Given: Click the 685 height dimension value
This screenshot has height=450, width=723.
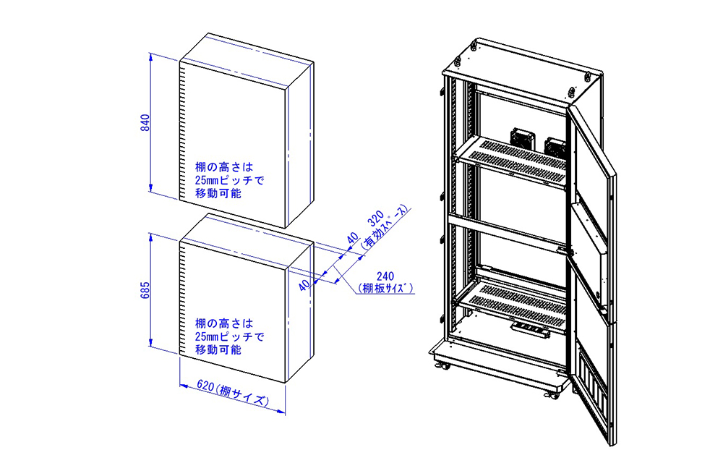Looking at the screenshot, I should coord(145,292).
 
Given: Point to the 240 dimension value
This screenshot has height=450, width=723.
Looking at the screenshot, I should coord(385,276).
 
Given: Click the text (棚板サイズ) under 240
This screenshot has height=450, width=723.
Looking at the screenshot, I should coord(385,288).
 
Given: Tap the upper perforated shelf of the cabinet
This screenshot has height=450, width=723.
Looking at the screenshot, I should coord(513,160).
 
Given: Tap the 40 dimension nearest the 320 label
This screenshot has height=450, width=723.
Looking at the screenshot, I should coord(353,239).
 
